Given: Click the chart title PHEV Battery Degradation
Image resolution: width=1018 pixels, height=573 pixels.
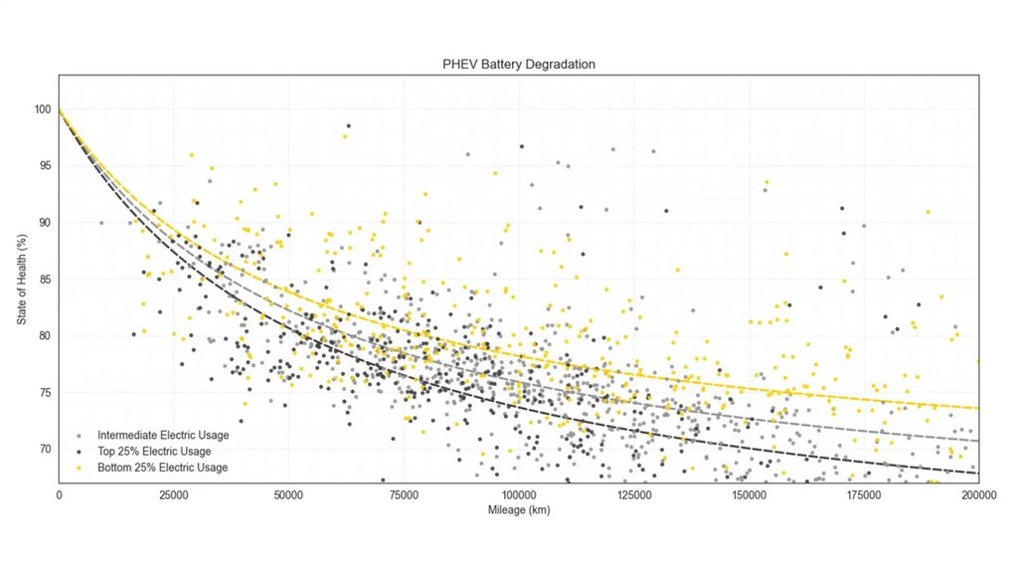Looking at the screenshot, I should pyautogui.click(x=519, y=65).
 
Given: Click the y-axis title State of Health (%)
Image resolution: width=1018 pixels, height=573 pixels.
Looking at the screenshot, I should pyautogui.click(x=22, y=280).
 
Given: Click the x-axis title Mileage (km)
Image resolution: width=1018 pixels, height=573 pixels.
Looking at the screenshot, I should pyautogui.click(x=519, y=510).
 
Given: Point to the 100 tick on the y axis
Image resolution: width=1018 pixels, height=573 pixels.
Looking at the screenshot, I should pyautogui.click(x=42, y=108).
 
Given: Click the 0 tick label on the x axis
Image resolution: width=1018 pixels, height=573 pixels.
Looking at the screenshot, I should pyautogui.click(x=59, y=493).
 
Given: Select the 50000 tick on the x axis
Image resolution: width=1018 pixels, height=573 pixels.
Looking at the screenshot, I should pyautogui.click(x=288, y=493).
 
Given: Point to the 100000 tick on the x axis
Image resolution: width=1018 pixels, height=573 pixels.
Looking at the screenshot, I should pyautogui.click(x=518, y=493).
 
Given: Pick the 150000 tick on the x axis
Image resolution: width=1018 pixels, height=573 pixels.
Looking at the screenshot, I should pyautogui.click(x=749, y=493).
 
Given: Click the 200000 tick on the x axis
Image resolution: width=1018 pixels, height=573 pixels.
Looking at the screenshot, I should pyautogui.click(x=978, y=493).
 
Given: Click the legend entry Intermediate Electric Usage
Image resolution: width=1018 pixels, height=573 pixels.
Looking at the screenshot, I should pyautogui.click(x=163, y=436).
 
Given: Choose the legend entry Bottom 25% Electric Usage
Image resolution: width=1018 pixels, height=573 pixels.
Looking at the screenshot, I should pyautogui.click(x=162, y=468).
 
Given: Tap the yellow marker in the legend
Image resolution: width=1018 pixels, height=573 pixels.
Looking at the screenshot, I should pyautogui.click(x=79, y=468).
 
